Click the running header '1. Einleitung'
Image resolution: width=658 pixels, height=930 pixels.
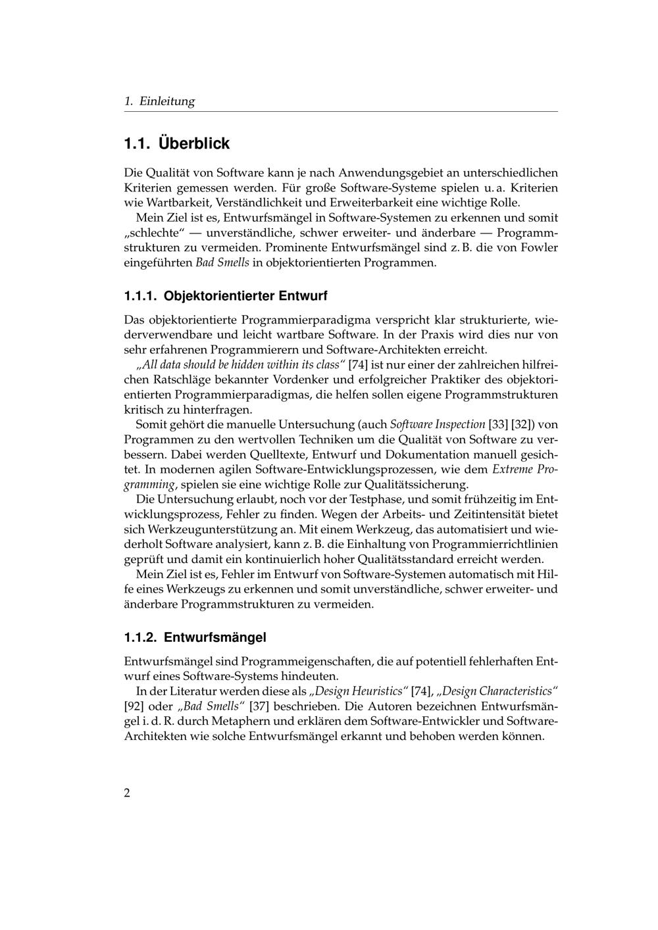(x=159, y=101)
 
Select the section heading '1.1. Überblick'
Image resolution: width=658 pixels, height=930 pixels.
(x=177, y=143)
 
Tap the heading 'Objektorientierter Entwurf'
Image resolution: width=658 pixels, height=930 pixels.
(x=245, y=296)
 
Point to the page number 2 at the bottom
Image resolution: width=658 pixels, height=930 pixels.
(x=127, y=793)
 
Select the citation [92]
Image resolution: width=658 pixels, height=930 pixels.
(x=135, y=706)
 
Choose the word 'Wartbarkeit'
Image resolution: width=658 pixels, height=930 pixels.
(x=177, y=203)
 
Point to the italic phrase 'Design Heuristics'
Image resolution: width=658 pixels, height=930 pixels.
(x=359, y=691)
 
